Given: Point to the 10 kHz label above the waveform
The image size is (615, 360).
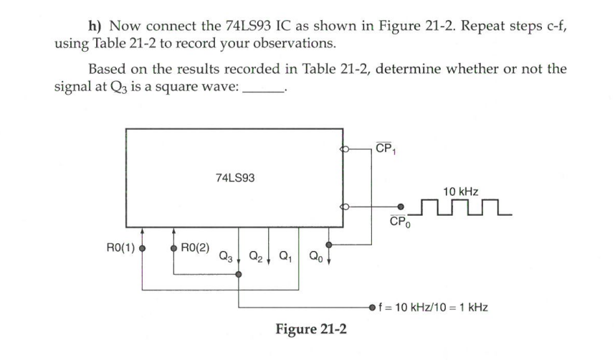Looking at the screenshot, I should (x=460, y=191).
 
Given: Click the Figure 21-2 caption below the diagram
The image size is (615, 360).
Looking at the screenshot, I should (x=312, y=329).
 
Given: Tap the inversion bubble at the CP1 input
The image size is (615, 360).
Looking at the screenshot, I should (x=345, y=151).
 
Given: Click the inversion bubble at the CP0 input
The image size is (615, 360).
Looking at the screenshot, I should (x=345, y=207).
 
